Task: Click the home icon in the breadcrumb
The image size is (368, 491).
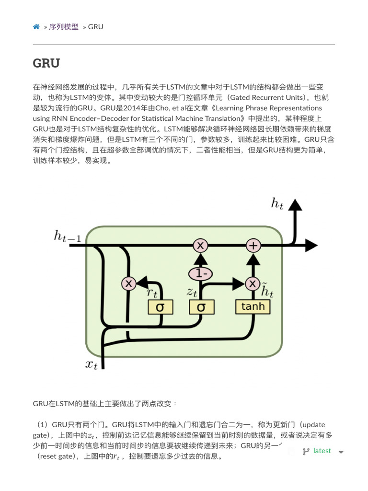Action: click(x=36, y=27)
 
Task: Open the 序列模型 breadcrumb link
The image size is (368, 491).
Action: click(x=64, y=27)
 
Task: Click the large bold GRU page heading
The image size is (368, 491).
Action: click(x=46, y=63)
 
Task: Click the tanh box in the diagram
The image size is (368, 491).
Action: click(x=253, y=306)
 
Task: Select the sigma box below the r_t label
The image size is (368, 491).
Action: click(x=161, y=307)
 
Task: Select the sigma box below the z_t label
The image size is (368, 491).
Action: click(x=201, y=307)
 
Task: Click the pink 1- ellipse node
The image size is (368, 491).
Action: click(x=200, y=274)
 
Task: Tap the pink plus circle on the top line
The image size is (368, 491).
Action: click(x=253, y=245)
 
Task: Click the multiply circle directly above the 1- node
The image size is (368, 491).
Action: click(x=200, y=245)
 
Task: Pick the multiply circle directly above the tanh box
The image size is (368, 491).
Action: click(x=253, y=283)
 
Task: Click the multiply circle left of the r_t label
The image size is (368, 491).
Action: click(x=128, y=283)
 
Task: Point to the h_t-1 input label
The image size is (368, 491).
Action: click(x=67, y=236)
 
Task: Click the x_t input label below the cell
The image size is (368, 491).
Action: click(x=92, y=364)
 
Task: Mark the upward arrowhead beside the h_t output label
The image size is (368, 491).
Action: click(x=295, y=205)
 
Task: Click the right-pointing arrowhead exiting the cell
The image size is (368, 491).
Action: click(x=311, y=245)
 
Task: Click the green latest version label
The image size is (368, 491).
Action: click(x=322, y=451)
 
